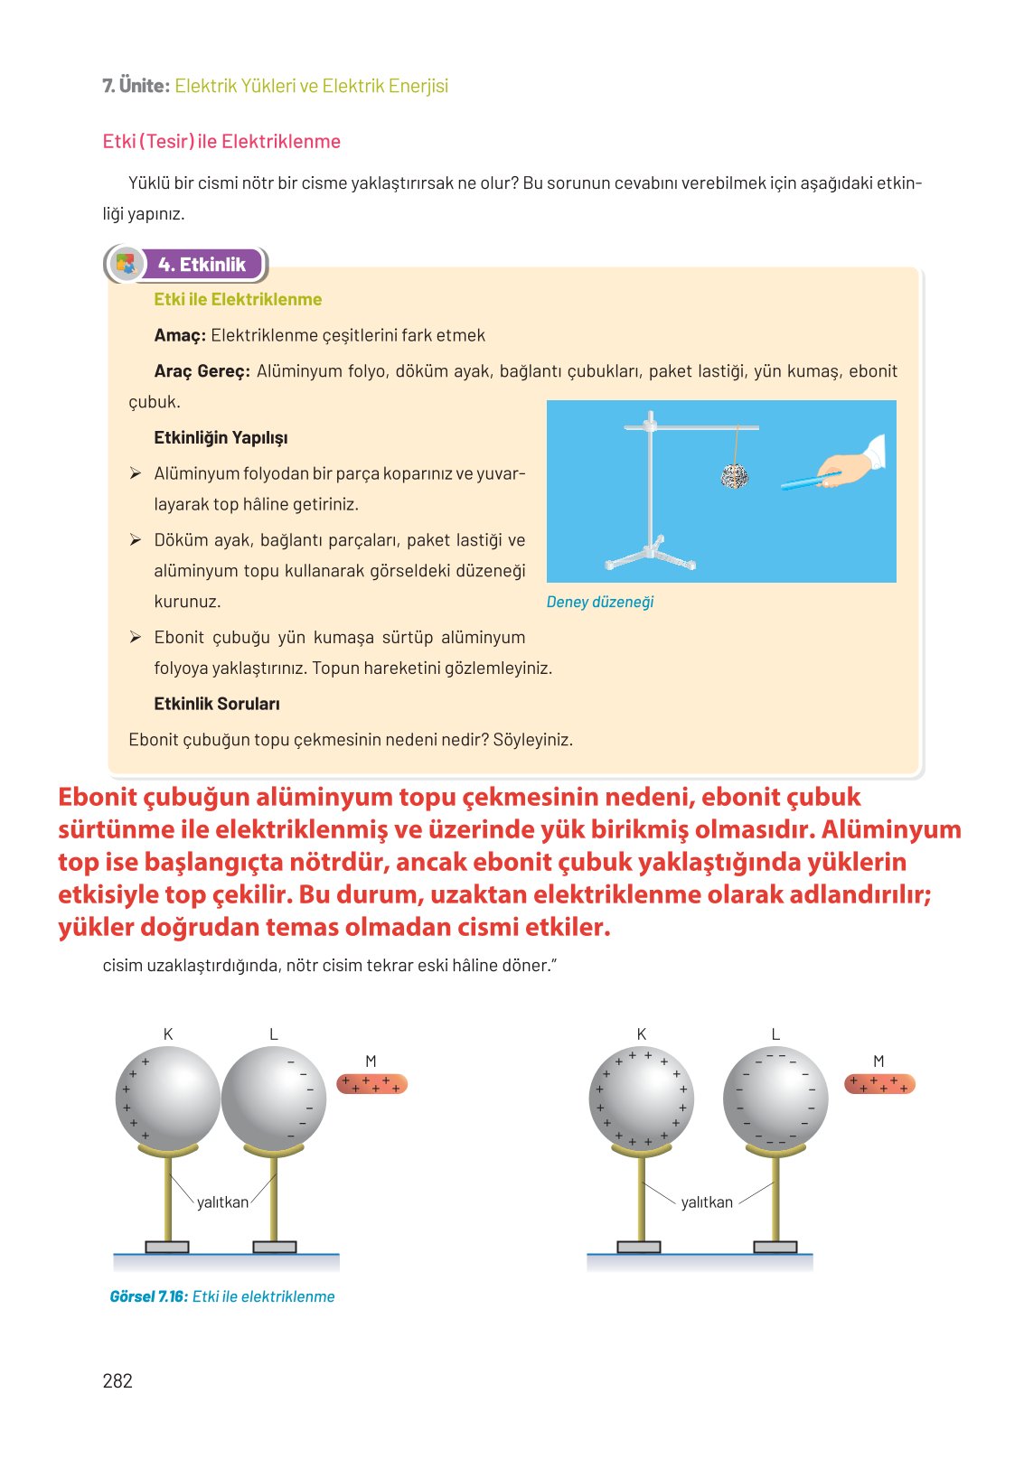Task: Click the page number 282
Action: [117, 1380]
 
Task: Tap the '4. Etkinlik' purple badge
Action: [202, 265]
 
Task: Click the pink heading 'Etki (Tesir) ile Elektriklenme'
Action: [221, 141]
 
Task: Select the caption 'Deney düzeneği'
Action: [600, 602]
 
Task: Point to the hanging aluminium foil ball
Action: [735, 474]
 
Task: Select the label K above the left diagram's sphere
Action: [168, 1034]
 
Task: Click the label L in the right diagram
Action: [775, 1034]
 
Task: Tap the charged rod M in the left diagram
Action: [371, 1083]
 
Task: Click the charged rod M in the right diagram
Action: [879, 1083]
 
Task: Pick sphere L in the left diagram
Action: [274, 1099]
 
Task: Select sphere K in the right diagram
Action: [641, 1099]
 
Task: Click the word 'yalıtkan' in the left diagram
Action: [222, 1202]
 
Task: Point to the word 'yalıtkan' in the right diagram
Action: [707, 1202]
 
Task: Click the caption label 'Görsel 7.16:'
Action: [149, 1296]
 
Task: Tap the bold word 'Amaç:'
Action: [180, 335]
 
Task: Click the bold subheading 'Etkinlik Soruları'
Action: [217, 704]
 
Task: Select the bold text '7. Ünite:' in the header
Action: [136, 86]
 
